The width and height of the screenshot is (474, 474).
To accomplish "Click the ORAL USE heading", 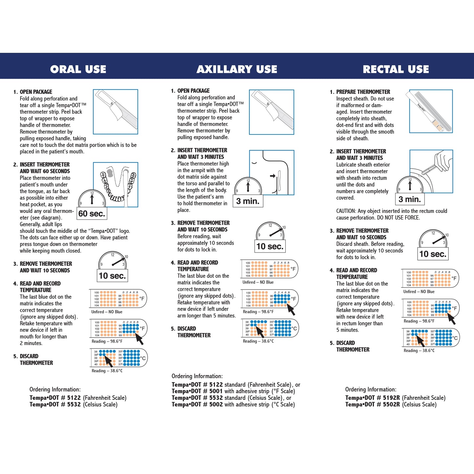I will pyautogui.click(x=78, y=69).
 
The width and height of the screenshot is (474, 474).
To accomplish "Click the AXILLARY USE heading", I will pyautogui.click(x=237, y=69).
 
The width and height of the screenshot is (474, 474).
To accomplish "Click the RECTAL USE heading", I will pyautogui.click(x=396, y=69).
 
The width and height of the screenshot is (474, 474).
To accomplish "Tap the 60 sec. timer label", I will pyautogui.click(x=92, y=214).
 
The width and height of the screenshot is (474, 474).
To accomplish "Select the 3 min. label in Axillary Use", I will pyautogui.click(x=248, y=201).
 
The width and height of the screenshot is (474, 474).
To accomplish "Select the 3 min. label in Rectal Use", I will pyautogui.click(x=409, y=199).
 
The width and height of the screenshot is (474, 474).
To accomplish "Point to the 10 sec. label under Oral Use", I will pyautogui.click(x=112, y=276).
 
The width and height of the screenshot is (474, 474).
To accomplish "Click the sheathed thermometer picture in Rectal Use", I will pyautogui.click(x=431, y=112).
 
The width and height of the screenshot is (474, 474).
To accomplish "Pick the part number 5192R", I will pyautogui.click(x=391, y=398).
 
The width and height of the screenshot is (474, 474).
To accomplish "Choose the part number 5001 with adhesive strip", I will pyautogui.click(x=216, y=391).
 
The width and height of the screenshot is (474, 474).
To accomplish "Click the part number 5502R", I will pyautogui.click(x=391, y=404).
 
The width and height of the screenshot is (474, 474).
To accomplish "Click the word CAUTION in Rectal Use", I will pyautogui.click(x=346, y=211).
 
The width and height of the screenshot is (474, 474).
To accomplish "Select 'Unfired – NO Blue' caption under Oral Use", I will pyautogui.click(x=107, y=312).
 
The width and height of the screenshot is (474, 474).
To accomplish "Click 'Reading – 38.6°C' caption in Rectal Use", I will pyautogui.click(x=419, y=351).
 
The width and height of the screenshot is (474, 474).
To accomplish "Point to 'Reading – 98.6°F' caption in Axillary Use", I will pyautogui.click(x=258, y=312).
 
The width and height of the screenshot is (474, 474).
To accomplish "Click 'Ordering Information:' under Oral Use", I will pyautogui.click(x=55, y=389).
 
